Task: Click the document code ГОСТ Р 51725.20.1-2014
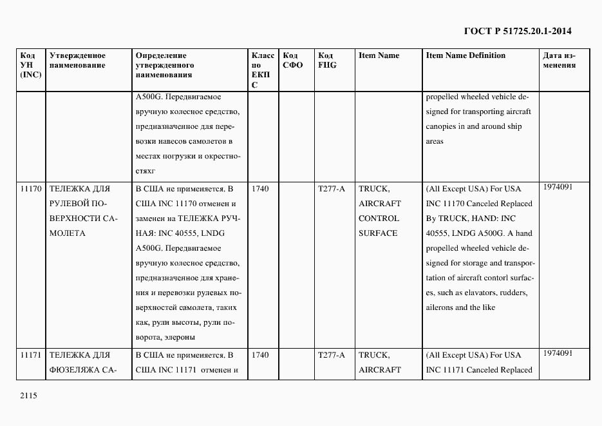517,30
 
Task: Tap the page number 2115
28,397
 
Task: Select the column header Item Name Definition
466,55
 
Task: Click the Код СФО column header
292,61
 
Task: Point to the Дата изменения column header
559,61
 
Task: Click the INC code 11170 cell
31,189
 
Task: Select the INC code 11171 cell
31,355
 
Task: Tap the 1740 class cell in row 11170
260,189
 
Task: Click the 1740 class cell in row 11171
260,355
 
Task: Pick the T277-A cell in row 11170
332,189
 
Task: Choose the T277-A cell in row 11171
332,355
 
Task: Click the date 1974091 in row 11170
558,187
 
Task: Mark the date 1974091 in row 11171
558,353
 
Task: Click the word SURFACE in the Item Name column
378,233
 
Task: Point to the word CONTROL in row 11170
379,218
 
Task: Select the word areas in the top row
435,141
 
